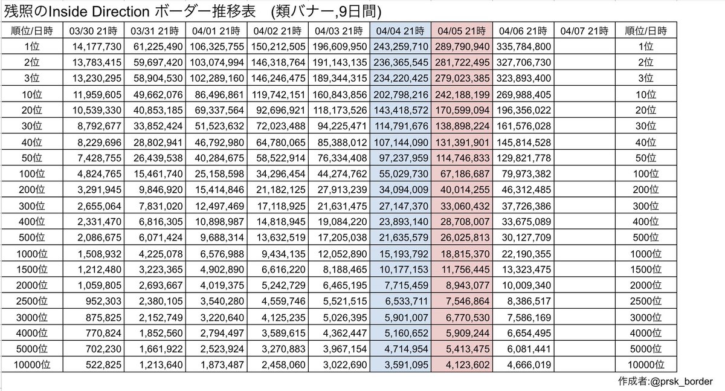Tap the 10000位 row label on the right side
tap(646, 364)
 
